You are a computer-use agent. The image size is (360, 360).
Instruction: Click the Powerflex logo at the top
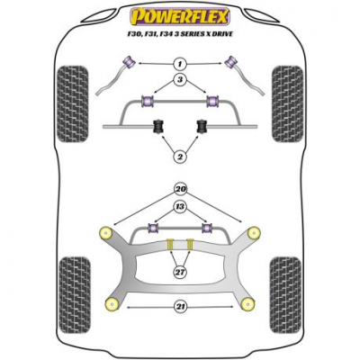(179, 16)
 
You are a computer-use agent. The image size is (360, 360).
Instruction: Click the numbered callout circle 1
(180, 64)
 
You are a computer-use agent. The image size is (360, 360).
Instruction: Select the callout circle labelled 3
(180, 80)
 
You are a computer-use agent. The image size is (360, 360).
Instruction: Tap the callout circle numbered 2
(180, 156)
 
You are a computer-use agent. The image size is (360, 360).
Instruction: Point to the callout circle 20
(180, 190)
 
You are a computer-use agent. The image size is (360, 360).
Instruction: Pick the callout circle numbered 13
(180, 207)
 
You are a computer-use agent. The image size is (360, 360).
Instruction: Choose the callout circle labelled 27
(180, 273)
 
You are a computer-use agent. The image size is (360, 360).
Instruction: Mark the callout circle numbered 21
(180, 307)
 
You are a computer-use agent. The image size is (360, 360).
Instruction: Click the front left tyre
(73, 103)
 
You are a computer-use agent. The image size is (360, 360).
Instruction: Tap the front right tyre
(287, 103)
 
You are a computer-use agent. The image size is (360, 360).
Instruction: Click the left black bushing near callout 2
(159, 127)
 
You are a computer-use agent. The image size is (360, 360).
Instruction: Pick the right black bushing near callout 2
(202, 127)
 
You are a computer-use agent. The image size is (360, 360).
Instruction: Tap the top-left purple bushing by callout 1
(130, 62)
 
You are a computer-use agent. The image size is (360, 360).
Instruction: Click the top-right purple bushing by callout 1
(231, 62)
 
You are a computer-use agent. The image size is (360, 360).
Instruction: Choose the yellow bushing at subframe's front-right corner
(254, 233)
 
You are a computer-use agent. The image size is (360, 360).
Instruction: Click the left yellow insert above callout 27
(170, 244)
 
